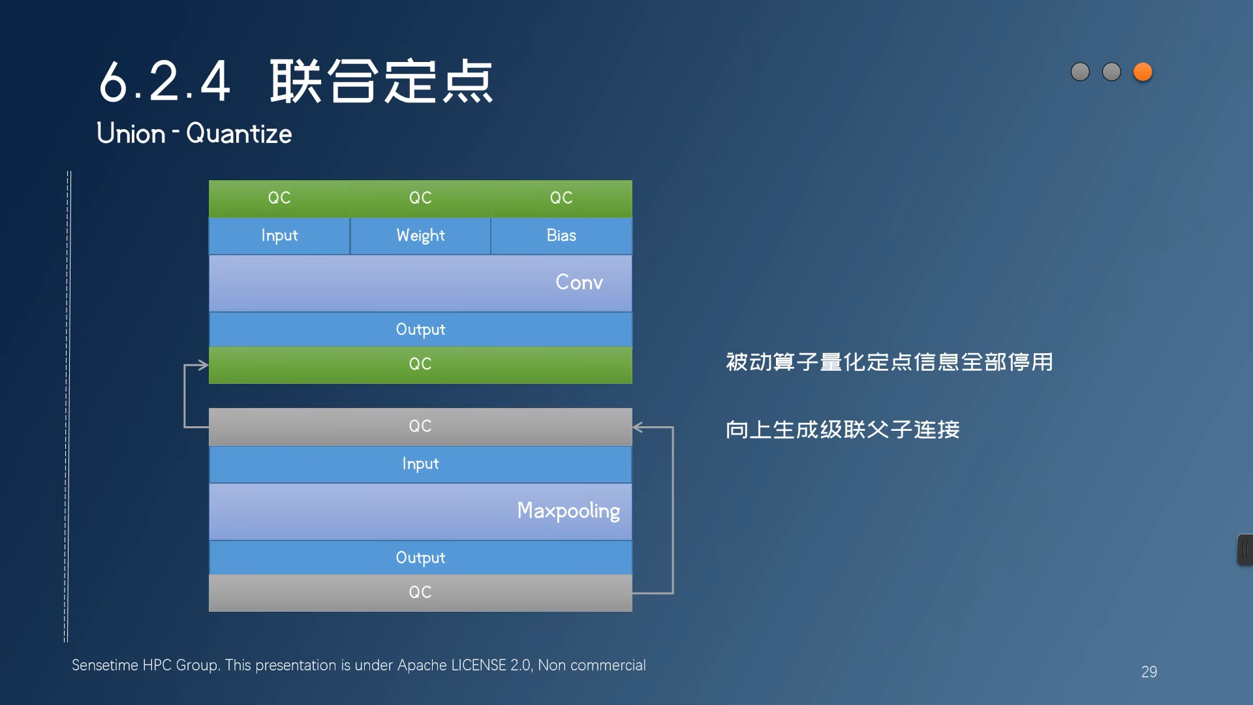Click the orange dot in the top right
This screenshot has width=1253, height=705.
tap(1143, 72)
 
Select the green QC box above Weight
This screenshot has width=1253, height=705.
tap(420, 198)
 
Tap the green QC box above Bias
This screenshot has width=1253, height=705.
tap(561, 198)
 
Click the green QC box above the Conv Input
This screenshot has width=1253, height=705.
tap(279, 198)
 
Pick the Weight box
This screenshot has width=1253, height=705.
tap(420, 236)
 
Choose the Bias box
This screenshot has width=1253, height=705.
tap(561, 236)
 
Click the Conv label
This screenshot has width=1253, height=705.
tap(579, 282)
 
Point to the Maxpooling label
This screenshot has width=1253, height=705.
tap(568, 510)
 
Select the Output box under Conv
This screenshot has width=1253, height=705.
tap(420, 329)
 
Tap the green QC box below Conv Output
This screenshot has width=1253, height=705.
tap(420, 364)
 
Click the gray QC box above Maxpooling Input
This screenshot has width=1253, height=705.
tap(420, 426)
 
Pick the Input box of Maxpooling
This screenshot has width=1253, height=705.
tap(420, 464)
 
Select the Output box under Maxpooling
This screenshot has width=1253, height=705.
tap(420, 557)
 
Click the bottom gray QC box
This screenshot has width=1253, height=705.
tap(420, 592)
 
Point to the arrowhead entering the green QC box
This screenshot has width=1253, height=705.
tap(203, 365)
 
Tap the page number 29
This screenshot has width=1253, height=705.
tap(1149, 672)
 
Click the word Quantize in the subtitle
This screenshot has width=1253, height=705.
tap(239, 134)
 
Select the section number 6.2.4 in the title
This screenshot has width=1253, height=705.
tap(164, 82)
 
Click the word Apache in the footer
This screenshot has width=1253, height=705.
tap(422, 665)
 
